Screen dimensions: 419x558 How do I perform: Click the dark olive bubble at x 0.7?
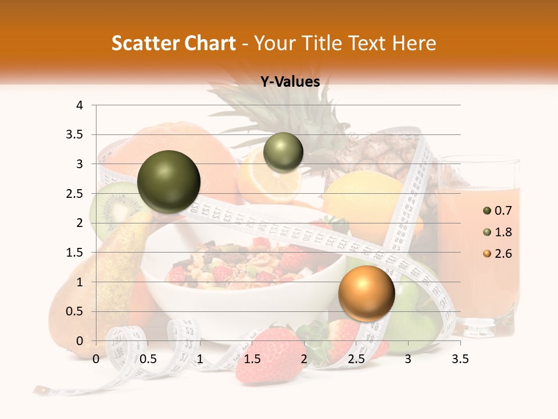169,182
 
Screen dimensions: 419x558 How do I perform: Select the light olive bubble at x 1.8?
283,152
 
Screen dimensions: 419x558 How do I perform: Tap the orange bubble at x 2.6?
366,293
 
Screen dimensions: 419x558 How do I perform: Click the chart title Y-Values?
289,82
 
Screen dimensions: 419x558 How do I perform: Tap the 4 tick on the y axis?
80,105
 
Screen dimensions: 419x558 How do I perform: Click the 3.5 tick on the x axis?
460,359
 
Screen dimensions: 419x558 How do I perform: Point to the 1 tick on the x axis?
200,359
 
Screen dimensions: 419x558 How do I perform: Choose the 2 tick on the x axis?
304,359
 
